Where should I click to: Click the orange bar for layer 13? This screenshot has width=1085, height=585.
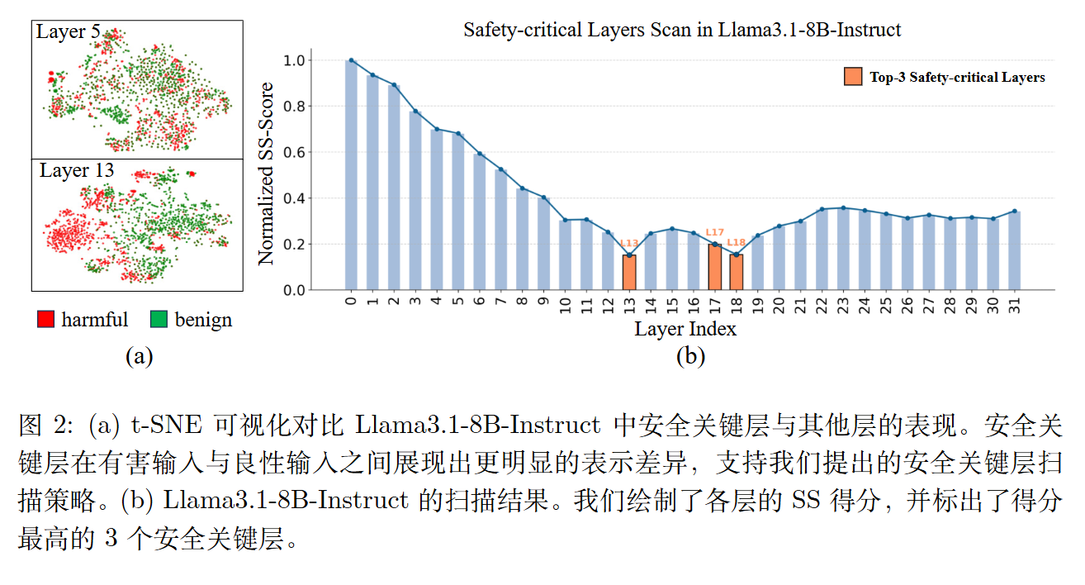pos(629,272)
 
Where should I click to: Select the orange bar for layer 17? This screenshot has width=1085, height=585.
pos(715,267)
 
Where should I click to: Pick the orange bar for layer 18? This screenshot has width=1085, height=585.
pos(737,272)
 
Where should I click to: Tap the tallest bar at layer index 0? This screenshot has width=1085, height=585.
pos(351,175)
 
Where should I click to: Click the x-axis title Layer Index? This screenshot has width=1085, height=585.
pos(685,329)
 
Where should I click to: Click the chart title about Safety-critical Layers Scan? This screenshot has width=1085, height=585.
pos(682,31)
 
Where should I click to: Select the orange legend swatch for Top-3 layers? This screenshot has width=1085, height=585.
pos(852,77)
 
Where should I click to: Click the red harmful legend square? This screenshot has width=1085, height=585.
pos(46,320)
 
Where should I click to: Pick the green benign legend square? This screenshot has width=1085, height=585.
pos(160,320)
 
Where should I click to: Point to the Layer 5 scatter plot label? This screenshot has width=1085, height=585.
pos(68,32)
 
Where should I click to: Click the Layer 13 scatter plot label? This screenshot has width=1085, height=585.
pos(77,171)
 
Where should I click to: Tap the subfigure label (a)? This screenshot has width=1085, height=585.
pos(139,356)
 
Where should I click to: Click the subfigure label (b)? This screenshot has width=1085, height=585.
pos(689,356)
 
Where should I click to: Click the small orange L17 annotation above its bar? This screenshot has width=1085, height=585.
pos(715,233)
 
